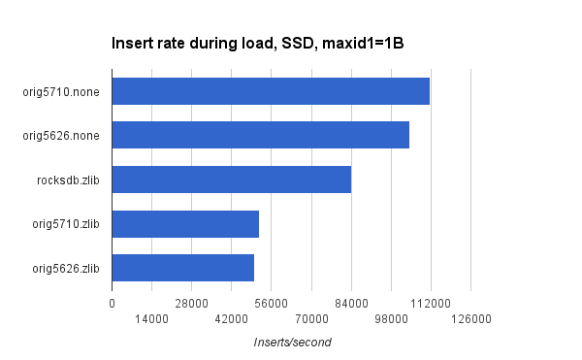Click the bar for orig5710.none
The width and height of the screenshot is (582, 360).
(271, 91)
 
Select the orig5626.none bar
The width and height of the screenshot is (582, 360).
(261, 135)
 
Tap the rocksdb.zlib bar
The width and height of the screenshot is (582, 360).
(232, 180)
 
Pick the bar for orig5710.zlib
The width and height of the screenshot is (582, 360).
(185, 224)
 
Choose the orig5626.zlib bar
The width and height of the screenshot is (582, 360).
(183, 268)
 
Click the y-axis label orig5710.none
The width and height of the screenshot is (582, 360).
(61, 91)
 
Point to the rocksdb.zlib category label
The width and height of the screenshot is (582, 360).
(68, 180)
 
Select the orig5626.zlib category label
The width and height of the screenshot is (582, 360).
(66, 269)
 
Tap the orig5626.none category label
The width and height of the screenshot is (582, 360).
(61, 136)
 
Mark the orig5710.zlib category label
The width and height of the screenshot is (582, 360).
(66, 224)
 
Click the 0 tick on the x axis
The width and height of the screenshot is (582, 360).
(113, 304)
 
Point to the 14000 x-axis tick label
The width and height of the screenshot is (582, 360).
(151, 319)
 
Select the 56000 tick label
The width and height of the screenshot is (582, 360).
(272, 304)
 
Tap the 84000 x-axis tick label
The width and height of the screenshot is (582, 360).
(351, 304)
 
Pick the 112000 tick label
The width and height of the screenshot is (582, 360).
(431, 304)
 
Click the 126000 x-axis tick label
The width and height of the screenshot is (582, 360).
(471, 319)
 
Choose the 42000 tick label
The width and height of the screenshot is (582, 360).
(232, 319)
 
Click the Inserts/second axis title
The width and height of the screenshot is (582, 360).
(293, 343)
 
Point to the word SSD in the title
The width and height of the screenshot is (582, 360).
(299, 44)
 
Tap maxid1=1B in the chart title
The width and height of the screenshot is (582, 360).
(363, 44)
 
